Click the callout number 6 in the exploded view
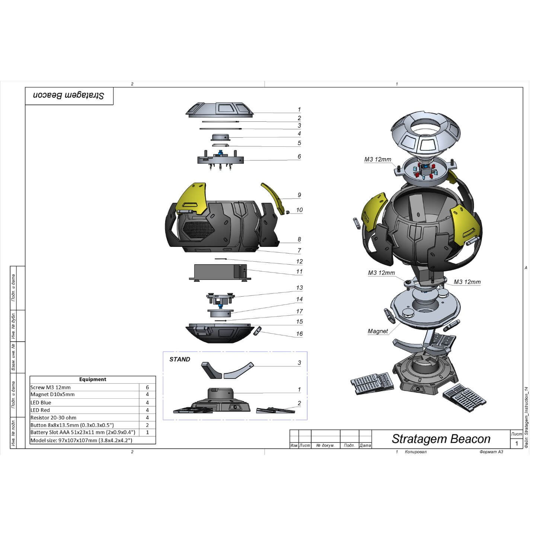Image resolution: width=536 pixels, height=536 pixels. pos(299,157)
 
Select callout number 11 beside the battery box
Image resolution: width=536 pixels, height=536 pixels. pos(299,272)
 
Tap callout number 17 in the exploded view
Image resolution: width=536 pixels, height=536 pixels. pos(299,311)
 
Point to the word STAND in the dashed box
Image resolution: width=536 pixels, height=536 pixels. pos(180,359)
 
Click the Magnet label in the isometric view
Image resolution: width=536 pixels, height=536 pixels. pos(377,331)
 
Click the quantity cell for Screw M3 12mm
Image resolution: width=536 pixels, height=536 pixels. pos(147,387)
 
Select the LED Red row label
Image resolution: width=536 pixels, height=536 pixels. pos(40,410)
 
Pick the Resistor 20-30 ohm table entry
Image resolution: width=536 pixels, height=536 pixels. pos(53,418)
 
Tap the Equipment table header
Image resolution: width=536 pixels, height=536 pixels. pos(93,379)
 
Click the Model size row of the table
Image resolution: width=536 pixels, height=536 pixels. pos(81,440)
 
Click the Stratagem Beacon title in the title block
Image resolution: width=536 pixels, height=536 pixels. pos(441,439)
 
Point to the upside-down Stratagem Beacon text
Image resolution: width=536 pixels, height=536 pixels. pos(69,96)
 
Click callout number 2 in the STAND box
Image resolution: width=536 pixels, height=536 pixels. pos(299,403)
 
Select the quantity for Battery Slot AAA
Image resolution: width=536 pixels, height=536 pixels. pos(147,433)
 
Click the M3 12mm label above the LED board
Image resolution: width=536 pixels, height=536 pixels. pos(377,160)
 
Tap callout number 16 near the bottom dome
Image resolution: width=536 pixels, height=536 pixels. pos(299,334)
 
